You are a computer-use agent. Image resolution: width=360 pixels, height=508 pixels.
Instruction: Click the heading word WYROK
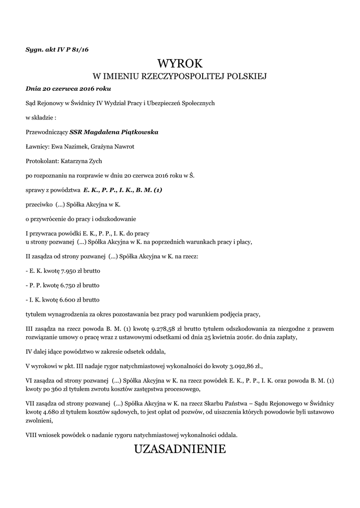[x=180, y=63]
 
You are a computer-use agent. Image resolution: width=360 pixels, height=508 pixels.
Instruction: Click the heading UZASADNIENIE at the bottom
[x=180, y=449]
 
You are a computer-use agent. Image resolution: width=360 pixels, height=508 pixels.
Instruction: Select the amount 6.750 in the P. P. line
[x=71, y=285]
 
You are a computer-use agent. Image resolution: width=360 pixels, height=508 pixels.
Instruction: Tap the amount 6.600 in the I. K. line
[x=70, y=300]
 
